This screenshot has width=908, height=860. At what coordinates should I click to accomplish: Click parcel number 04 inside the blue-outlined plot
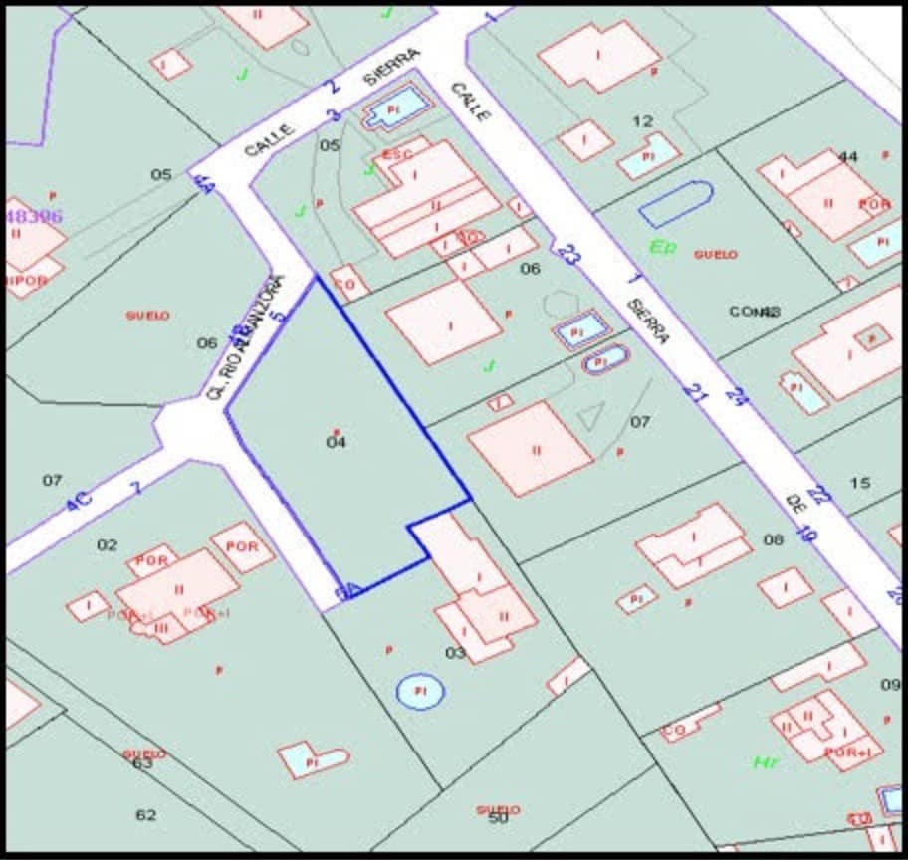tap(337, 442)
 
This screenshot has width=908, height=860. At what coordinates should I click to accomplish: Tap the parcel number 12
tap(643, 121)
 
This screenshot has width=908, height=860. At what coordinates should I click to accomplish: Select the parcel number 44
tap(848, 156)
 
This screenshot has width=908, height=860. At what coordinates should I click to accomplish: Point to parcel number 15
tap(860, 483)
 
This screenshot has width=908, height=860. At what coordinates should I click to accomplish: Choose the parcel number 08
tap(774, 539)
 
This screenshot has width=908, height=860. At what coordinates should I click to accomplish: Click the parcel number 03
tap(455, 653)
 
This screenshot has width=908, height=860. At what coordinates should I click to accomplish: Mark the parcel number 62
tap(146, 815)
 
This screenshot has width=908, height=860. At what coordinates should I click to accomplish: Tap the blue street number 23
tap(568, 255)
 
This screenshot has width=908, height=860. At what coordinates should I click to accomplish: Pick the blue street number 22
tap(819, 495)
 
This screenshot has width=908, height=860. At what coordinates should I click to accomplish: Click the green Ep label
tap(662, 246)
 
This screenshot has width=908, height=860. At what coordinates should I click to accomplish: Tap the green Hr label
tap(766, 762)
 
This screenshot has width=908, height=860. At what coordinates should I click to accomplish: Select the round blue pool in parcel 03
tap(420, 691)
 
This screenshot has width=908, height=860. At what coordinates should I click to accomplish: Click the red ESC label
tap(397, 155)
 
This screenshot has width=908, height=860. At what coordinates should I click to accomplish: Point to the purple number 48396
tap(34, 216)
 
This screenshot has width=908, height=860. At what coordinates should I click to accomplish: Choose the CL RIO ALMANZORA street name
tap(243, 338)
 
